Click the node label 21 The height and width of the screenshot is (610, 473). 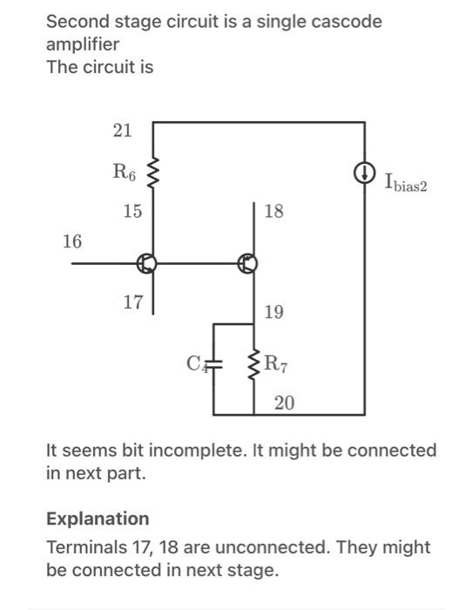(122, 131)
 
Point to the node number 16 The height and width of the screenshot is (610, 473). (73, 241)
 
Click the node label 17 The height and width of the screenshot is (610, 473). (132, 302)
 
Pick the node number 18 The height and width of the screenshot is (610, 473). (274, 212)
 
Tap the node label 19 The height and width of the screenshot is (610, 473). (273, 312)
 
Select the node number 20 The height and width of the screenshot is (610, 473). (284, 403)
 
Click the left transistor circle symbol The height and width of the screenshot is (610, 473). (150, 262)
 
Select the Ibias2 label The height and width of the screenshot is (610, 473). (407, 182)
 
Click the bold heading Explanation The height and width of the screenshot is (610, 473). (98, 518)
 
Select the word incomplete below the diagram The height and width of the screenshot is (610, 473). (197, 451)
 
